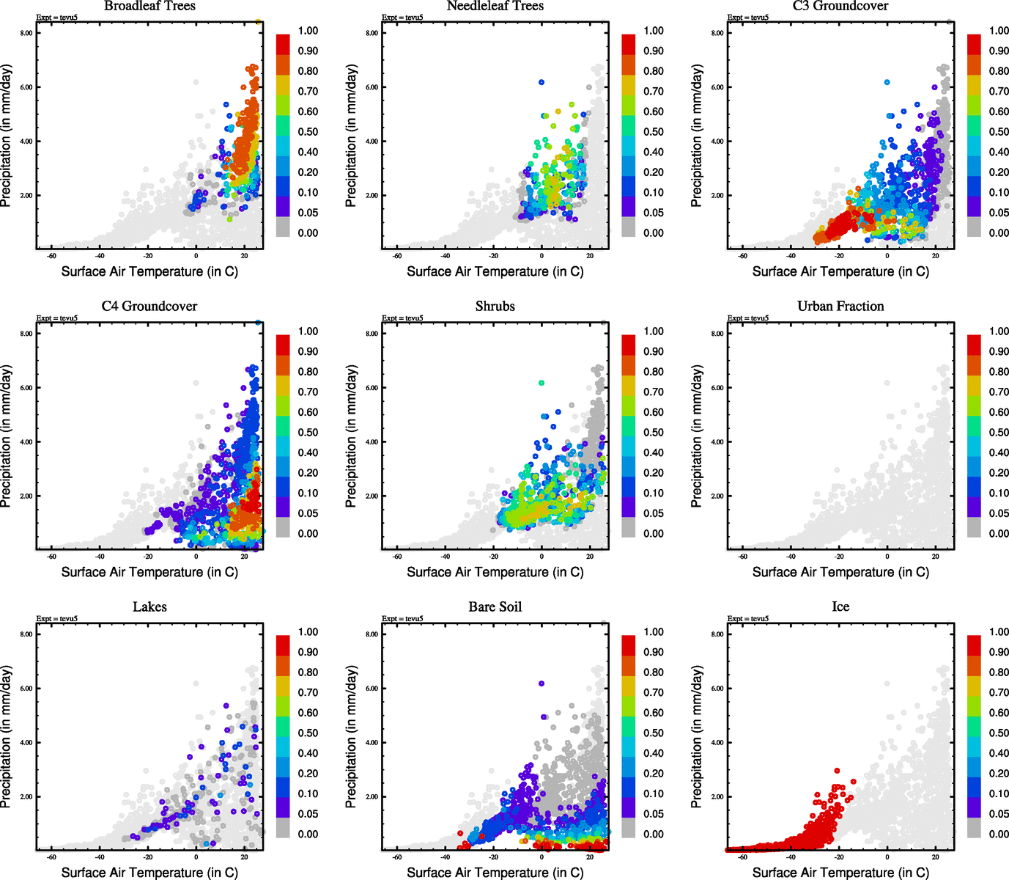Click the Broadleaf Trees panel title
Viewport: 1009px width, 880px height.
pos(149,7)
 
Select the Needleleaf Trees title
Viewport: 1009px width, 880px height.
pos(495,7)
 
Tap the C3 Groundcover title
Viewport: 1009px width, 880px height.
pos(840,7)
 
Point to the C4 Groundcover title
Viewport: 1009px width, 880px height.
pos(149,307)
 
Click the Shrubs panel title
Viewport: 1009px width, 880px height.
pos(495,307)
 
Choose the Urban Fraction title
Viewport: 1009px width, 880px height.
pos(840,307)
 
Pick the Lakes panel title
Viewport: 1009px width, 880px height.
pos(149,607)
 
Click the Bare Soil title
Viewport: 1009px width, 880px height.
pos(495,607)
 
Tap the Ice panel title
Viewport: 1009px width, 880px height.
pos(840,607)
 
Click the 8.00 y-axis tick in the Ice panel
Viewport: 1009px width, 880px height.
pos(717,634)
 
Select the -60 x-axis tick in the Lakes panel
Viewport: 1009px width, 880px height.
pos(51,857)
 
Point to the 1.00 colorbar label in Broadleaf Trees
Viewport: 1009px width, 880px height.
pos(308,31)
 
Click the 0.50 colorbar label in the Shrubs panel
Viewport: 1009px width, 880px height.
pos(654,433)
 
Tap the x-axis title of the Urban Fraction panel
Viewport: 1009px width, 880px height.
pos(840,572)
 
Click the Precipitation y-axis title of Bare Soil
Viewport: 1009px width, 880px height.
pos(352,736)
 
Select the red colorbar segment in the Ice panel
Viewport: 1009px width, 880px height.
pos(974,645)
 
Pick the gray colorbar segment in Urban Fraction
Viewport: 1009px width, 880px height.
pos(974,527)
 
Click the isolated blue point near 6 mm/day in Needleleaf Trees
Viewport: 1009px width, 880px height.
pos(542,82)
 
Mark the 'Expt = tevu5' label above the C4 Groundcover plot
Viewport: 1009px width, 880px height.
pos(57,318)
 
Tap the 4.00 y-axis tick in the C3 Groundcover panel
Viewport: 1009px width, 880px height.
pos(717,142)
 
